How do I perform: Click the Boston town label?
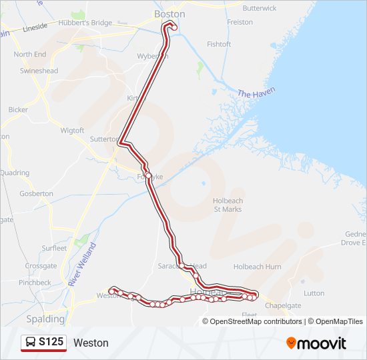pos(169,13)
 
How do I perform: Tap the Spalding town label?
pos(45,319)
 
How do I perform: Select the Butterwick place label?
pos(260,8)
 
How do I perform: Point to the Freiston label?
pos(240,22)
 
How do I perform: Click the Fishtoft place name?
pos(219,44)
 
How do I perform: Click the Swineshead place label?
pos(39,71)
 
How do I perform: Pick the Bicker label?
pos(18,109)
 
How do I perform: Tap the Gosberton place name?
pos(37,193)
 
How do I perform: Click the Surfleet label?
pos(54,248)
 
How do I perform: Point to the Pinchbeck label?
pos(35,283)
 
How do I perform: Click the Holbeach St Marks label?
pos(228,205)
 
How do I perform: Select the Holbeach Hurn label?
pos(257,267)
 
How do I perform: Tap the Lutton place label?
pos(314,293)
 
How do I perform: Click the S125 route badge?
pos(43,343)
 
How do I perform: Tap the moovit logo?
pos(316,343)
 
